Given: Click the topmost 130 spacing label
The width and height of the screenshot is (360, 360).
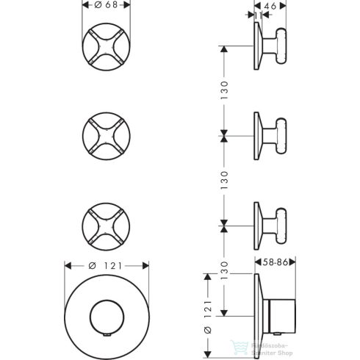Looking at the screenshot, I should (x=226, y=90).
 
